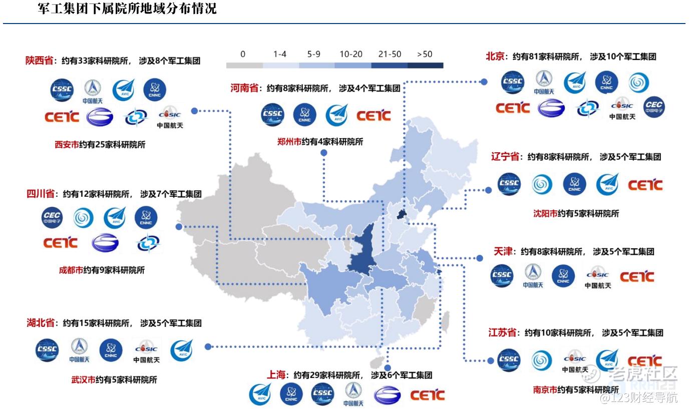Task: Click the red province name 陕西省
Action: pos(40,61)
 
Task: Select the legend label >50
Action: pos(425,54)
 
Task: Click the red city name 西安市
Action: pos(67,145)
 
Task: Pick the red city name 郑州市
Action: pos(289,142)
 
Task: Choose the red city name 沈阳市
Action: pos(545,213)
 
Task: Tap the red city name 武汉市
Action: pos(83,379)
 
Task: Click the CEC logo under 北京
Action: pos(654,107)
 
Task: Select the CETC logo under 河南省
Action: pos(374,116)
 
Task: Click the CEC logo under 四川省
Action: pos(52,217)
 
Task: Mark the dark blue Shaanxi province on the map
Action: pos(363,250)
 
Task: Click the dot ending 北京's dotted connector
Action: pos(484,81)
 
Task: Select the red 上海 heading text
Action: pos(277,374)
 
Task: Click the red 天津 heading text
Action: pos(504,251)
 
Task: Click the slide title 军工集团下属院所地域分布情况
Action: pos(127,9)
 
